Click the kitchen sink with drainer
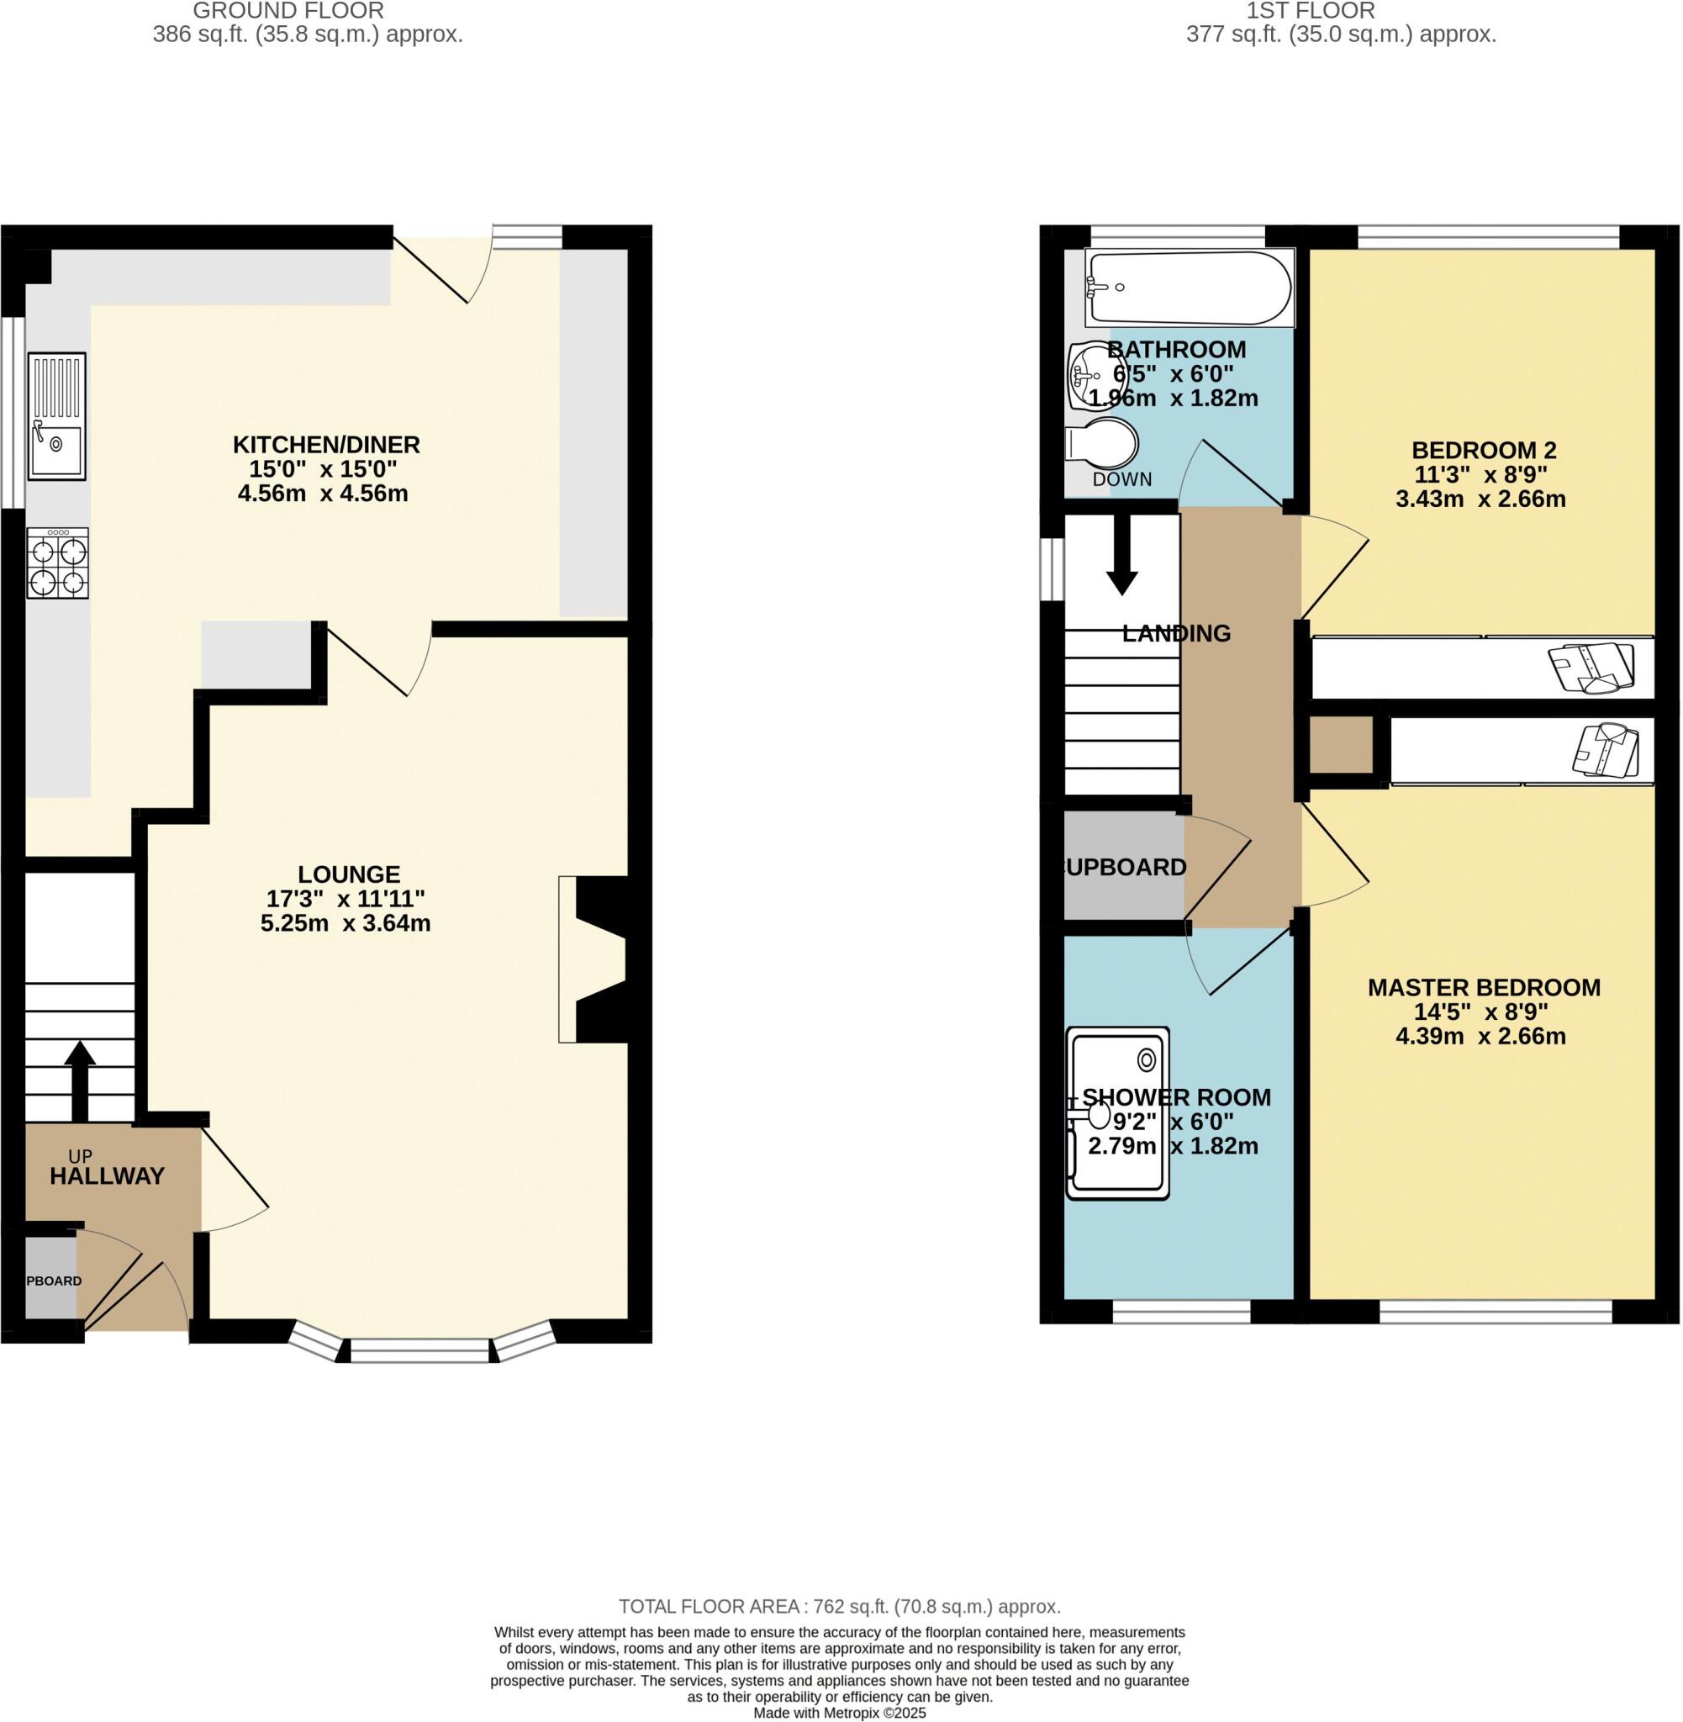[56, 415]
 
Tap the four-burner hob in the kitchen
[57, 563]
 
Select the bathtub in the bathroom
[1187, 288]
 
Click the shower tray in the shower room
[1117, 1112]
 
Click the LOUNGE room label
[348, 874]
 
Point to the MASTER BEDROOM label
[1483, 987]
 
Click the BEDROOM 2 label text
[1483, 450]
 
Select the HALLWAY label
[107, 1175]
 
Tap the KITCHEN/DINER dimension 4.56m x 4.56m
[323, 494]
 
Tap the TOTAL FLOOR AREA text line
[839, 1606]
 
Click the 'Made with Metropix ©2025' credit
[839, 1712]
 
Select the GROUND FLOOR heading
[288, 12]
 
